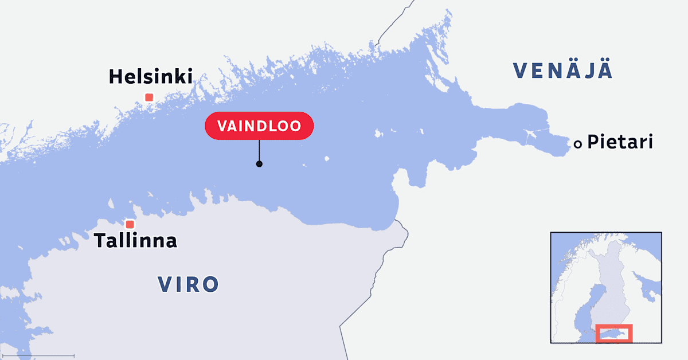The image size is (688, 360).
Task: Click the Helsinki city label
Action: point(150,76)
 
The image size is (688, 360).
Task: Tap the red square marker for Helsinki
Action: point(149,97)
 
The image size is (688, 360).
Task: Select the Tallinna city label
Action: point(136,241)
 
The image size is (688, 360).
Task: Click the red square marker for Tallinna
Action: point(130,224)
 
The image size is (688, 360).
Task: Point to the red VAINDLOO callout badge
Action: point(259,126)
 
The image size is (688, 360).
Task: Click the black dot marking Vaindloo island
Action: point(259,164)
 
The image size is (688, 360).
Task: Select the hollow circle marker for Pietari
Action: point(578,144)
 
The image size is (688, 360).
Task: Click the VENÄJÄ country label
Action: point(563,71)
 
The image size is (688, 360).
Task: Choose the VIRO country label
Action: point(189,284)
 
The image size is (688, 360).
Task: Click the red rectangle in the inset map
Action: point(613,333)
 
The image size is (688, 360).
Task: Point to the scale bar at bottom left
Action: point(37,356)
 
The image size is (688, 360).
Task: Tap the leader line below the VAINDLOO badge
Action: point(259,150)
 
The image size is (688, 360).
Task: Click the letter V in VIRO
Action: point(165,284)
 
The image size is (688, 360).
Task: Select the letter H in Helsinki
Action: point(116,76)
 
